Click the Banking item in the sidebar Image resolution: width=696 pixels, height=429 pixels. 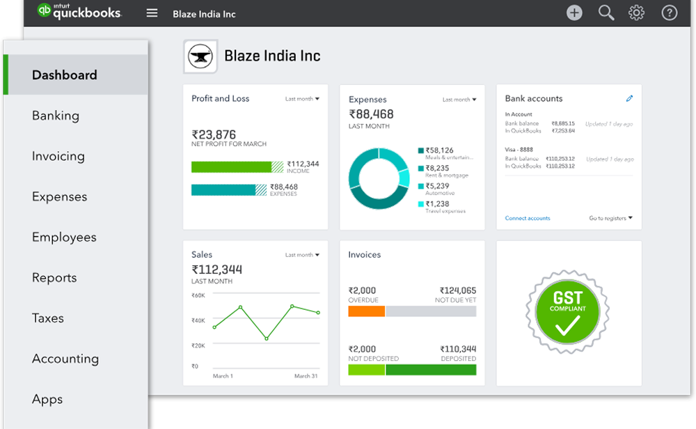point(56,116)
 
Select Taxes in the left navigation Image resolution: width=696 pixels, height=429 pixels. point(48,318)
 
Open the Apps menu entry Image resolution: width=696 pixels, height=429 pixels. point(47,399)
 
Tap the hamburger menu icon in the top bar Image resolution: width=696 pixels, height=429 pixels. point(152,14)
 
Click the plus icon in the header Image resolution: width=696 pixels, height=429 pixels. point(574,13)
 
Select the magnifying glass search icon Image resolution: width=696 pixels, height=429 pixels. point(606,13)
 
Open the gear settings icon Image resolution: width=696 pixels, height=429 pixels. point(636,13)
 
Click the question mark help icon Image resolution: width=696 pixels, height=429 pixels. point(669,13)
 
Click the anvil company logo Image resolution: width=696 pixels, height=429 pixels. point(200,57)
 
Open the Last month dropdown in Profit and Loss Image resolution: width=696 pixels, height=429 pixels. point(302,99)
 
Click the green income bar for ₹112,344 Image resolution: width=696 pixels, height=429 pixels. point(231,167)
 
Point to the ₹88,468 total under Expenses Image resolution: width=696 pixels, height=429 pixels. point(371,114)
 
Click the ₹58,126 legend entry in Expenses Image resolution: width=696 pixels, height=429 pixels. point(439,150)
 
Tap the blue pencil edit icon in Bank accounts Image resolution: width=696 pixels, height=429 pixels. point(629,99)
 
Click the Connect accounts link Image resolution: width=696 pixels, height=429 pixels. point(528,219)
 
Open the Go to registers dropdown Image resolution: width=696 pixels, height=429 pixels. point(610,219)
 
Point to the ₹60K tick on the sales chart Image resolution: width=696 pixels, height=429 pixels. point(198,295)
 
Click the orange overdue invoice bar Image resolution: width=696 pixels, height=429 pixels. point(366,311)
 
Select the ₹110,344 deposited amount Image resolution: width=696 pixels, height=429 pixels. point(458,349)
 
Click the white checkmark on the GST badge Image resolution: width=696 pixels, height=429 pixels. point(567,326)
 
